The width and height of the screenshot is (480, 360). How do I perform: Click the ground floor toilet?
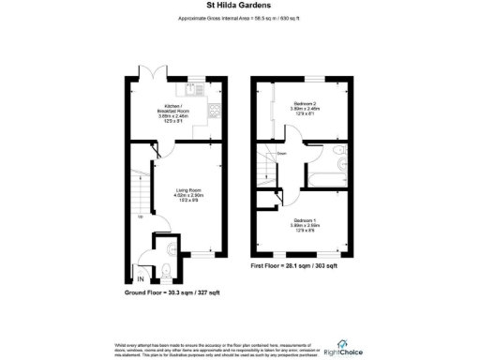pos(164,272)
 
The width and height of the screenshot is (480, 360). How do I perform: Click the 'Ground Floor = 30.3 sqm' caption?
pos(172,292)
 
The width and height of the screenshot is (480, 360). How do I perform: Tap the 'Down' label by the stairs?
pos(281,155)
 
